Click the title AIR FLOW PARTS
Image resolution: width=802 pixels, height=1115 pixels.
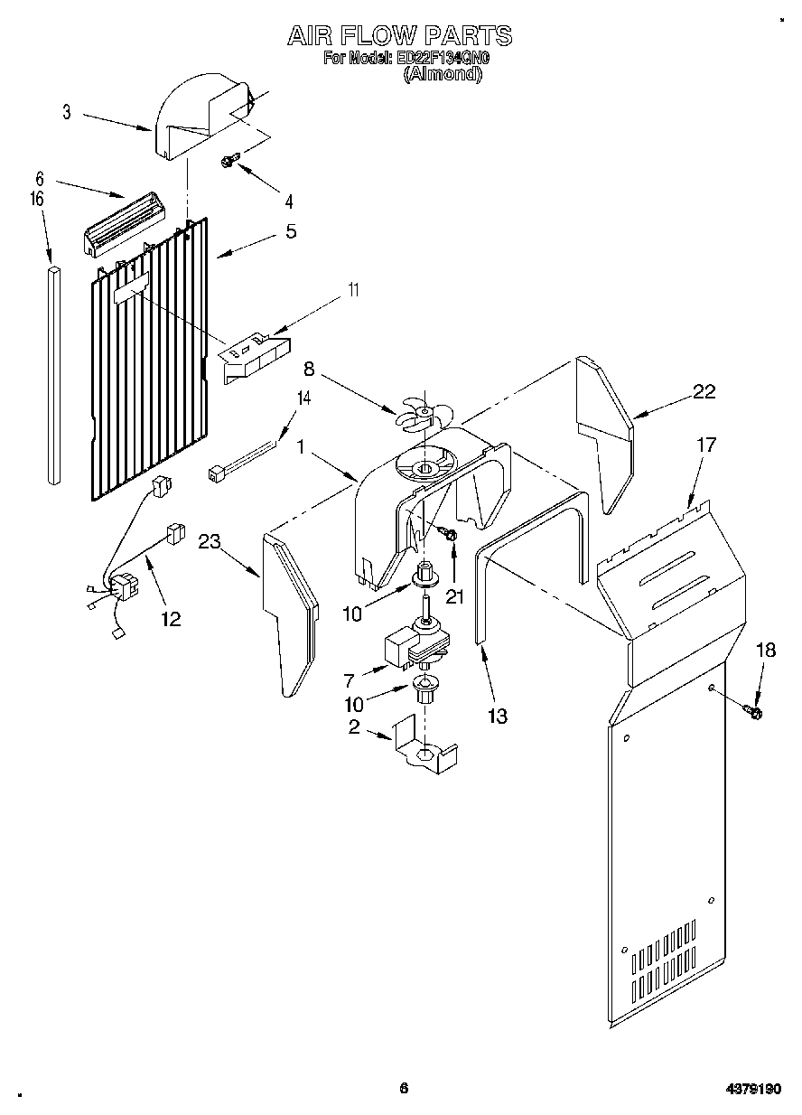(399, 35)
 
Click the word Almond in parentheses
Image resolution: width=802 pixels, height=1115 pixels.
(443, 75)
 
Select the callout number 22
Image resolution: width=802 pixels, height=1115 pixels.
(704, 391)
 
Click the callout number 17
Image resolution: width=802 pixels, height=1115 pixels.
(705, 445)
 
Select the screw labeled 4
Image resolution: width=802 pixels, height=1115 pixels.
(228, 161)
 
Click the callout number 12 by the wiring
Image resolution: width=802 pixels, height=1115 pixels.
(170, 619)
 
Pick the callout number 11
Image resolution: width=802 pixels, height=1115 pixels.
(353, 290)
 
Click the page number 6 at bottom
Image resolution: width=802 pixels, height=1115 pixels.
(404, 1088)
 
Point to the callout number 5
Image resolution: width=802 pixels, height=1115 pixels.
(291, 230)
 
